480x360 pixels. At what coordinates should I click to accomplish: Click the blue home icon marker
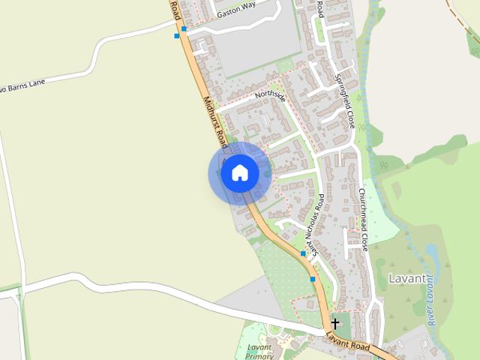(239, 172)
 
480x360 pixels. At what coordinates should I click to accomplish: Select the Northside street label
(270, 96)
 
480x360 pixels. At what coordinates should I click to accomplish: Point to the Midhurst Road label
(215, 120)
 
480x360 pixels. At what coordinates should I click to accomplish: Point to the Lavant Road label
(349, 342)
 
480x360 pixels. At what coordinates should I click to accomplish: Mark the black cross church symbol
(335, 322)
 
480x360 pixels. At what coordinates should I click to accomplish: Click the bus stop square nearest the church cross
(313, 279)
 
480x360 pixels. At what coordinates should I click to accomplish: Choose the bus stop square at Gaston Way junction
(184, 28)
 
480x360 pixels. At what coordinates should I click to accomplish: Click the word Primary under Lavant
(259, 357)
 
